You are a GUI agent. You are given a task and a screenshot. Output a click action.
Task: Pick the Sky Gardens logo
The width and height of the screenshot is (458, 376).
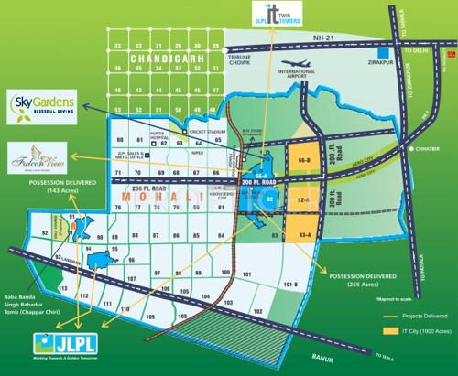pos(42,101)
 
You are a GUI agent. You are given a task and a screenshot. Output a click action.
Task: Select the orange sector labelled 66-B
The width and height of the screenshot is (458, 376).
pos(305,160)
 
